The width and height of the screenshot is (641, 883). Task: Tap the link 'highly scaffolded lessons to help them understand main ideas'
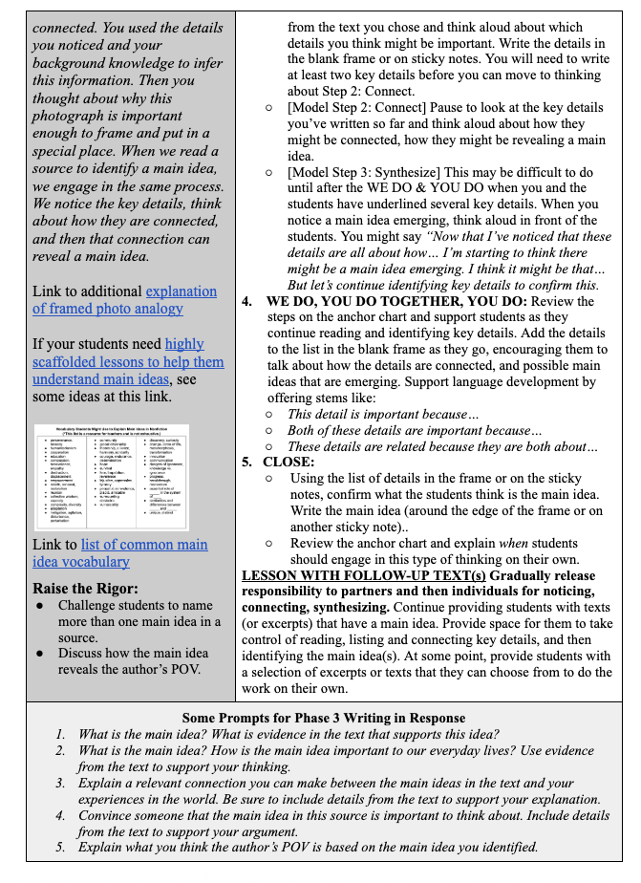[x=129, y=362]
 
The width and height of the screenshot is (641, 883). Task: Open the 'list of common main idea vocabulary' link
[x=118, y=553]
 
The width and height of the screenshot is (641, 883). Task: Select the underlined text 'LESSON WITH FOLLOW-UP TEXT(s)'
[x=364, y=576]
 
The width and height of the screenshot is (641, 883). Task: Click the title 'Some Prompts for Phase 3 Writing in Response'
[x=324, y=718]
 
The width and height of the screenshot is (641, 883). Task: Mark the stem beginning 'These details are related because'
[x=442, y=446]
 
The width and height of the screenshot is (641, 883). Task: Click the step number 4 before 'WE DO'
[x=246, y=301]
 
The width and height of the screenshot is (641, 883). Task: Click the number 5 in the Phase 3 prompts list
[x=60, y=847]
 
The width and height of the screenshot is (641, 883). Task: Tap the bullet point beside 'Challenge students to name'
[x=39, y=605]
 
